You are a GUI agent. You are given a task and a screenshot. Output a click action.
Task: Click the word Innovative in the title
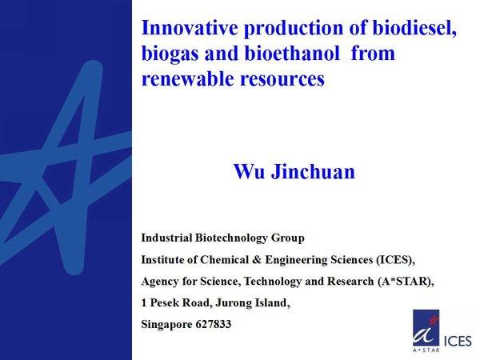190,27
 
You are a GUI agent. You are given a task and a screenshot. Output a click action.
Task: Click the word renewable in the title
188,78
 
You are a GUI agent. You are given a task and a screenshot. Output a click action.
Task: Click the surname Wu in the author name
249,171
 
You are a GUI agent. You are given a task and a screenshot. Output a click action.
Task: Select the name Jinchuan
313,171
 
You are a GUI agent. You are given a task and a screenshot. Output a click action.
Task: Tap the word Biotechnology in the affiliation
231,238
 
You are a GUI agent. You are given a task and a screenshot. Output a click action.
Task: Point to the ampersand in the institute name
257,260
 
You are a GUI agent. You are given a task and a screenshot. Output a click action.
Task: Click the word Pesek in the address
165,302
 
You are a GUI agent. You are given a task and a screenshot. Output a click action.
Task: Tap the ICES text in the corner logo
458,341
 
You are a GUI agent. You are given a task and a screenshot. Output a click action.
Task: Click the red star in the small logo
433,320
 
